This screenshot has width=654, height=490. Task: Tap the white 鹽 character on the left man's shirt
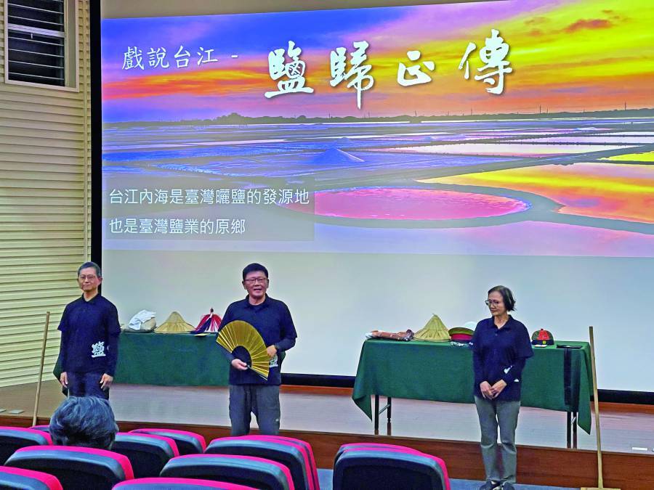[98, 349]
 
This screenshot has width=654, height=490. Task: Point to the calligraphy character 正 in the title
[416, 70]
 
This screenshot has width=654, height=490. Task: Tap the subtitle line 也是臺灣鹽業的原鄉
[177, 226]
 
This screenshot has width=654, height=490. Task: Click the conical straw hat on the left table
[174, 323]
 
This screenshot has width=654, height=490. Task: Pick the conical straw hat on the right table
[433, 328]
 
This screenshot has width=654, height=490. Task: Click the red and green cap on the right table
[541, 337]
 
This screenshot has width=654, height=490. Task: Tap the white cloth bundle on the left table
[142, 319]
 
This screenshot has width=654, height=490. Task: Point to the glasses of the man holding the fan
[256, 280]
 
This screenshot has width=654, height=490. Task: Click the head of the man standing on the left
[89, 277]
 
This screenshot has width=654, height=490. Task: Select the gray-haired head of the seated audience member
[83, 421]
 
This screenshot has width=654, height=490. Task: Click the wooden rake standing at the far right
[597, 407]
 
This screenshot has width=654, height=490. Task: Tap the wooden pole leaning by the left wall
[41, 367]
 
